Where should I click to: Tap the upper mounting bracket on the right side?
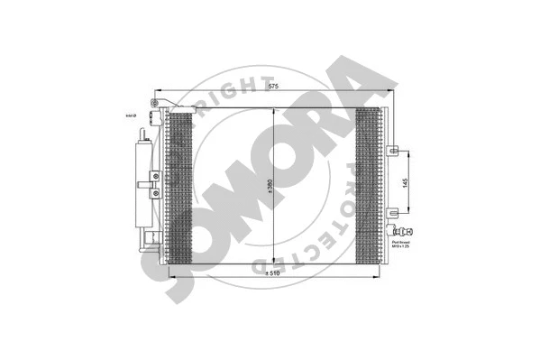click(x=393, y=150)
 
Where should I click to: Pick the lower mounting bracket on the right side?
click(x=393, y=214)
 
